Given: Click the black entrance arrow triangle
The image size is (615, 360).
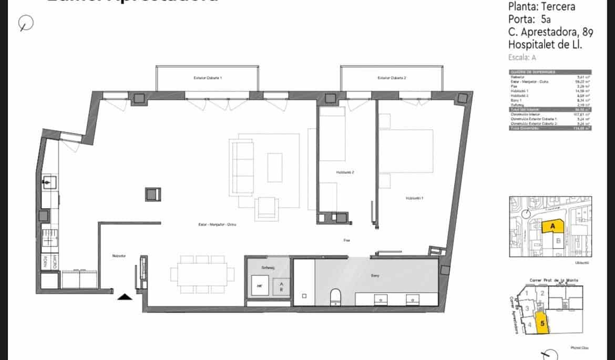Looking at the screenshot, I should (x=125, y=297).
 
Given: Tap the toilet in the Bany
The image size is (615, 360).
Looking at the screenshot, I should (x=336, y=298).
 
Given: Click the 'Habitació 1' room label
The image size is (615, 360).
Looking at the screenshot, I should (x=414, y=198).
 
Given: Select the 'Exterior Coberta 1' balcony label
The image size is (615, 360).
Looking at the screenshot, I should (x=208, y=78).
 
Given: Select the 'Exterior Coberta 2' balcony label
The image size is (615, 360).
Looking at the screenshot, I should (x=392, y=78).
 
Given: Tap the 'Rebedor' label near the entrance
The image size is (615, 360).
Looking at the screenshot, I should (x=119, y=256).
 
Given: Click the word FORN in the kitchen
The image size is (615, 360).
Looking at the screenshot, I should (x=45, y=261).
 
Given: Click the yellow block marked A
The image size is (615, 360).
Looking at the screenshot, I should (x=552, y=227).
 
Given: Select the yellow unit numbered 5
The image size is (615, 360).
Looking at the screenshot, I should (x=541, y=324).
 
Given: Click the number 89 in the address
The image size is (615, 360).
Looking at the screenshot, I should (x=588, y=32).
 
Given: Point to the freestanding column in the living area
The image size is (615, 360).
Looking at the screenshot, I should (x=152, y=194).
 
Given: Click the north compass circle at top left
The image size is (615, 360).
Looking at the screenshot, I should (x=26, y=23).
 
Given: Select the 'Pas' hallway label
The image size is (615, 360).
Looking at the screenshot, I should (x=347, y=240).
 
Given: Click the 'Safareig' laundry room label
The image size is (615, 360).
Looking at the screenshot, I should (x=268, y=268).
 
